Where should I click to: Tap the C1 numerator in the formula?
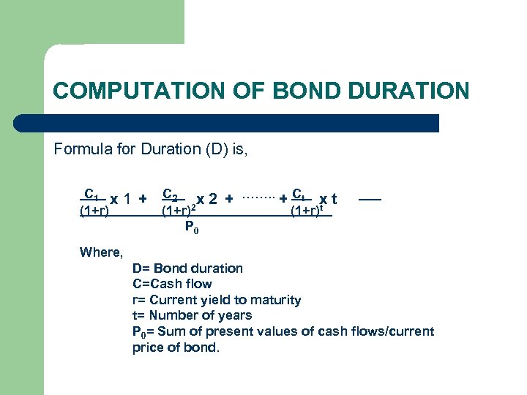pyautogui.click(x=91, y=195)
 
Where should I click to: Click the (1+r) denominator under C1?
pyautogui.click(x=94, y=212)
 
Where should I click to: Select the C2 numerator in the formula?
pyautogui.click(x=170, y=195)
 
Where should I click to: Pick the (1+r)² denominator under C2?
pyautogui.click(x=179, y=212)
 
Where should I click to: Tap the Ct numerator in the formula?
pyautogui.click(x=299, y=195)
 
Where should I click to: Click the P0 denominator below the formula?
pyautogui.click(x=192, y=228)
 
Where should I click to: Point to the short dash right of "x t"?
pyautogui.click(x=370, y=198)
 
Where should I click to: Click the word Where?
pyautogui.click(x=101, y=252)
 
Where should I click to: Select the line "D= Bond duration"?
pyautogui.click(x=187, y=268)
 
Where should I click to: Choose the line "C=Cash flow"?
pyautogui.click(x=172, y=284)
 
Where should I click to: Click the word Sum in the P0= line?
pyautogui.click(x=172, y=331)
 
